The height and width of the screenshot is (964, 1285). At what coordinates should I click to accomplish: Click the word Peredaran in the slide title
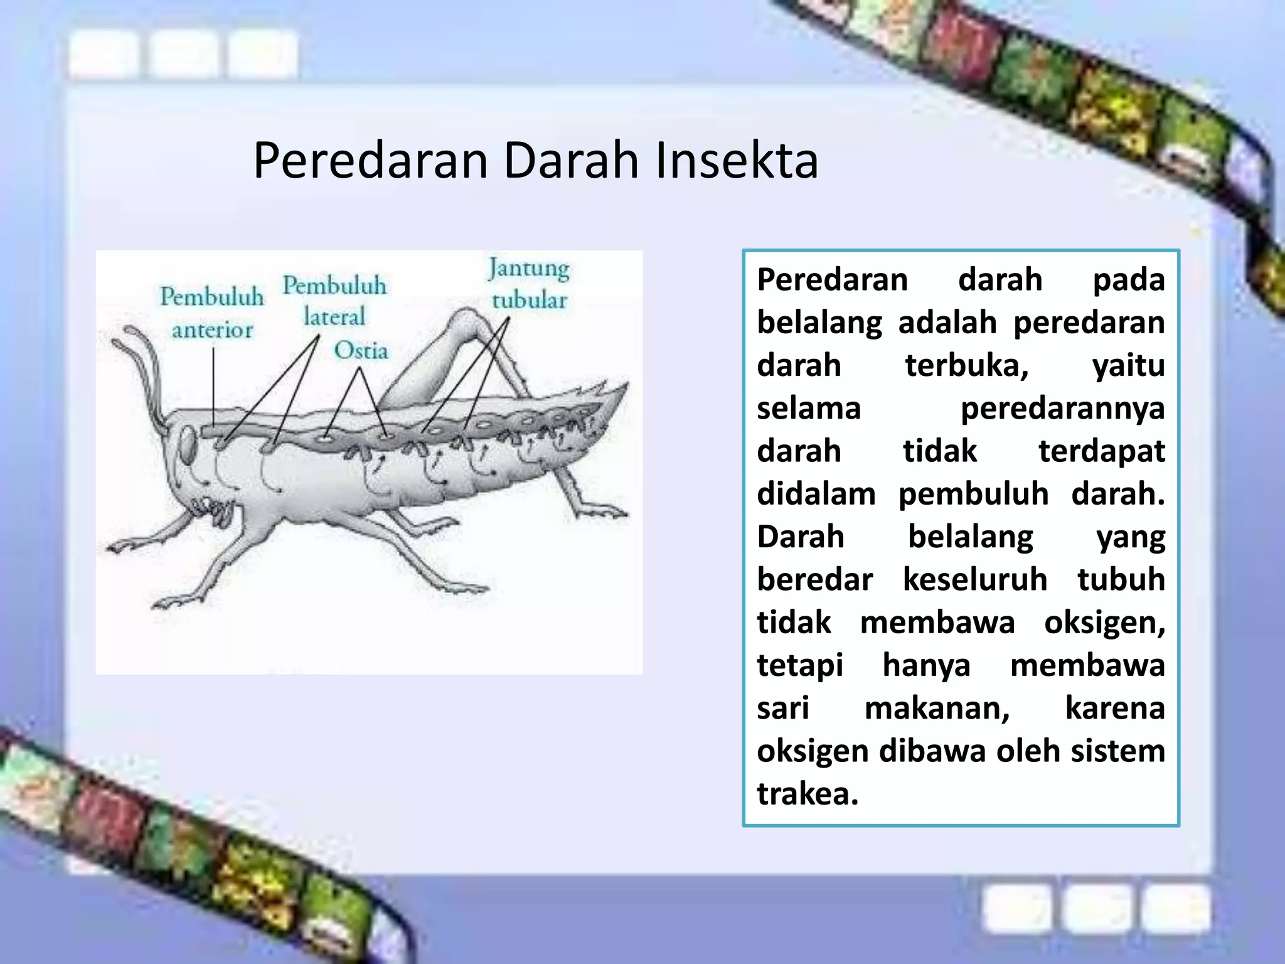(x=370, y=161)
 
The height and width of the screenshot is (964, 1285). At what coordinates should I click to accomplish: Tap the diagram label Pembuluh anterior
(x=212, y=313)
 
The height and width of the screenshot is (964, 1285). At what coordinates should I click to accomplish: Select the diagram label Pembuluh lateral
(x=334, y=301)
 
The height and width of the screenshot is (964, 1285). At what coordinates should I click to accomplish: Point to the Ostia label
(x=361, y=350)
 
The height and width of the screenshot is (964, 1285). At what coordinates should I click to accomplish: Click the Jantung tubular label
(x=529, y=284)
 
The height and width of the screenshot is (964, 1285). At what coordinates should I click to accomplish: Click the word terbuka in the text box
(x=966, y=365)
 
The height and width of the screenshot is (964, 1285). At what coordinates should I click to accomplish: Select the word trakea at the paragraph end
(x=807, y=793)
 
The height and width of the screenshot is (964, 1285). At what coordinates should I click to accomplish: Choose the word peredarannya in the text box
(x=1062, y=408)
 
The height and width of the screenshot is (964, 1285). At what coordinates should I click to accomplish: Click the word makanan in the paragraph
(x=937, y=708)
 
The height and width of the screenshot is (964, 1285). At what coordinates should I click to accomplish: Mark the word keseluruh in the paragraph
(x=975, y=579)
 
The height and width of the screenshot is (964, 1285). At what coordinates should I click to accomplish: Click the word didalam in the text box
(x=816, y=494)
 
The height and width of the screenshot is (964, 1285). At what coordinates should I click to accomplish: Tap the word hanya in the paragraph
(x=926, y=665)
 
